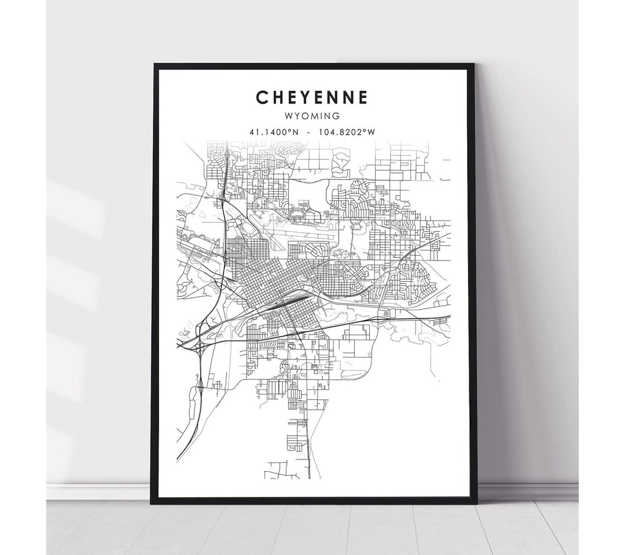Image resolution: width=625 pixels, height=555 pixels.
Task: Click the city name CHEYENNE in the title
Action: coord(312,97)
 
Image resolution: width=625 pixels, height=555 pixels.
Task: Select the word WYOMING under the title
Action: coord(312,116)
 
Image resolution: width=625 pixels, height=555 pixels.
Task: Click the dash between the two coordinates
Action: coord(311,132)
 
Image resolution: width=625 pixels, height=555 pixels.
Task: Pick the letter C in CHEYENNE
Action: coord(263,97)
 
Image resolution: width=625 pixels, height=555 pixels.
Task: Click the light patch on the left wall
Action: coord(75,203)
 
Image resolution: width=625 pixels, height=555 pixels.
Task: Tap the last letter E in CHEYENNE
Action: coord(362,97)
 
